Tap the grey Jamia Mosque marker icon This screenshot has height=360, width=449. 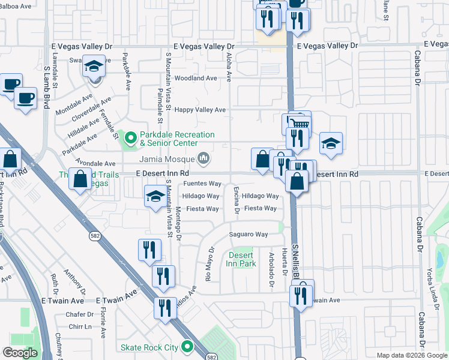(203, 158)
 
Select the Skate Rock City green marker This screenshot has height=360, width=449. (187, 347)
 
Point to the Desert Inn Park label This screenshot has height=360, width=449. (241, 259)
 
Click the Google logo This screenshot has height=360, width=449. (20, 353)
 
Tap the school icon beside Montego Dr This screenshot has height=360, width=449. (155, 197)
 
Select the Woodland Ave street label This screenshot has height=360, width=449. (196, 78)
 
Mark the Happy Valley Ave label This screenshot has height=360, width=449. (200, 110)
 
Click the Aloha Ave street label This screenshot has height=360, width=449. (229, 67)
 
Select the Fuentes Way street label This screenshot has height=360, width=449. (202, 184)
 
